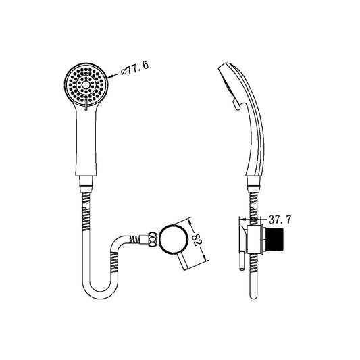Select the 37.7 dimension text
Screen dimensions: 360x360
[x=279, y=218]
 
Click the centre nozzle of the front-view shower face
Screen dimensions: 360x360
[x=86, y=84]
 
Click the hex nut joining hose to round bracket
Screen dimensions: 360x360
[x=154, y=237]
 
